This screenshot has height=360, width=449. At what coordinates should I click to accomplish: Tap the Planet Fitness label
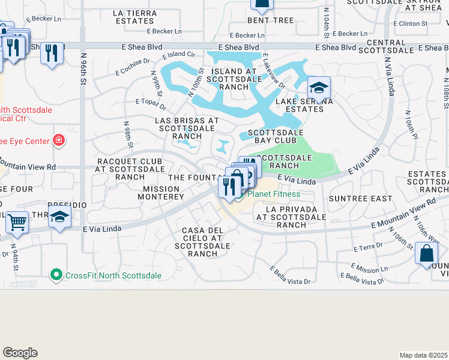tap(274, 194)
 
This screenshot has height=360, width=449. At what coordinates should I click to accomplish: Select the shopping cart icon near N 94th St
tap(17, 222)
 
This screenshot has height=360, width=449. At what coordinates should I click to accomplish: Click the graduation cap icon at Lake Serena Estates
tap(319, 88)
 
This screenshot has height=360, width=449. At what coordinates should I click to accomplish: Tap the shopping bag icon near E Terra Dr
tap(426, 253)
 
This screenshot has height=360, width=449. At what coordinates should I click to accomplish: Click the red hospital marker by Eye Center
tap(59, 141)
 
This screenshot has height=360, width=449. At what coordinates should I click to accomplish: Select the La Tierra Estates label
tap(133, 17)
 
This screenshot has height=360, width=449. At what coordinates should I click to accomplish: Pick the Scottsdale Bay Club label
tap(276, 137)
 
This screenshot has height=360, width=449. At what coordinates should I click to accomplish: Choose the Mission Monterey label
tap(163, 193)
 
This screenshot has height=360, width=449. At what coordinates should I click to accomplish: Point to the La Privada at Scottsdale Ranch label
tap(291, 220)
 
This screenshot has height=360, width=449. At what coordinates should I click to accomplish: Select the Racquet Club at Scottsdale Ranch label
tap(129, 169)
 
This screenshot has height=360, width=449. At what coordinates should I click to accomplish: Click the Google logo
tap(20, 353)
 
